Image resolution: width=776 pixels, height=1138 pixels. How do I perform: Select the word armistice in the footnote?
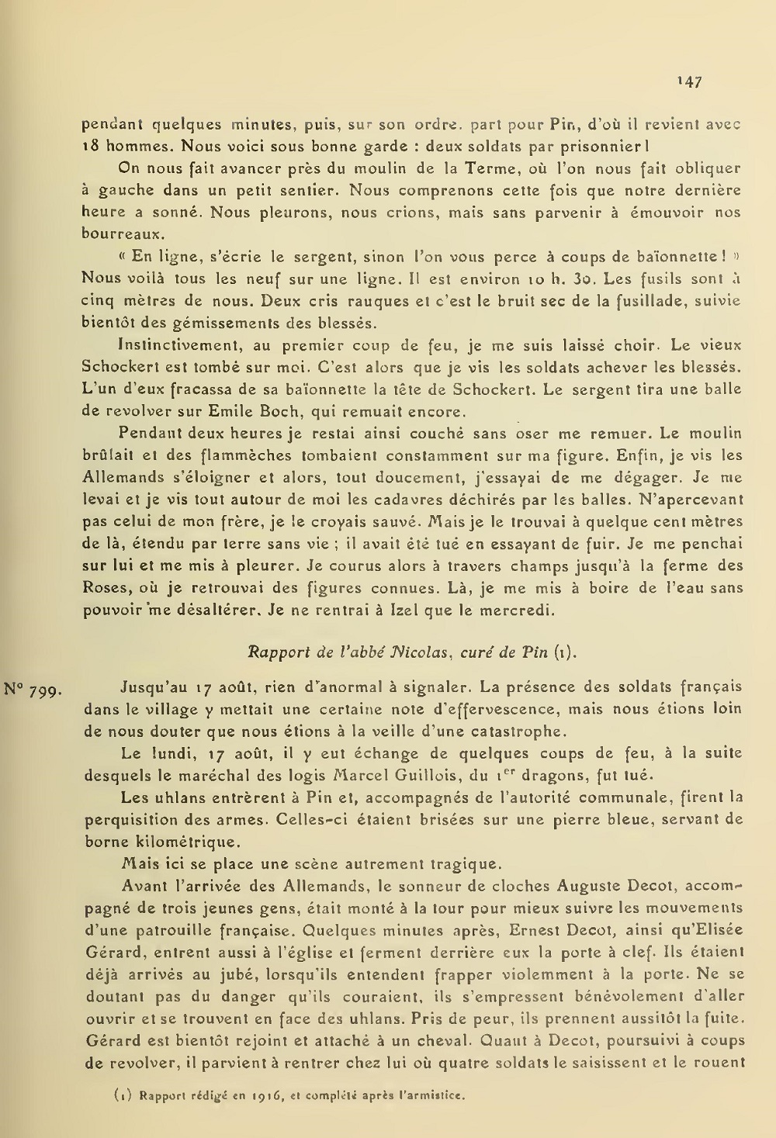click(x=434, y=1096)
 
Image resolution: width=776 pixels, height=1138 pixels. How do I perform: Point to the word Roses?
click(x=103, y=588)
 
